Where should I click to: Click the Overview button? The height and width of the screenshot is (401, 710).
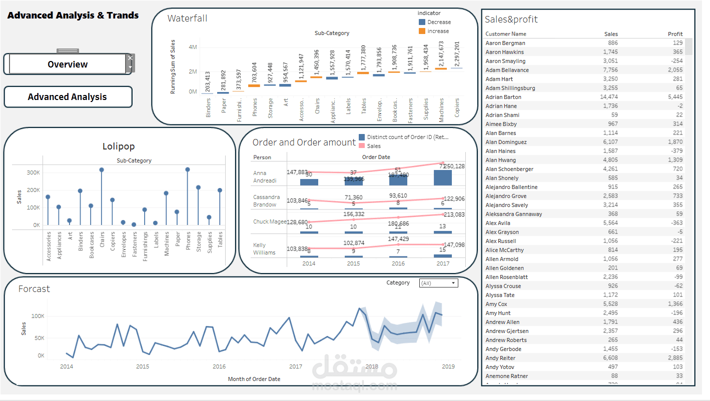(68, 64)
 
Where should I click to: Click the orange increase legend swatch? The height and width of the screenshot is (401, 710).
(422, 31)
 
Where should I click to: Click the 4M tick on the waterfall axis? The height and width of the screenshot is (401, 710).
(192, 47)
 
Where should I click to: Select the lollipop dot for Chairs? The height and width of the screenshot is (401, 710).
(102, 170)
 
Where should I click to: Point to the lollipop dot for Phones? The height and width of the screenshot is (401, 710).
(188, 169)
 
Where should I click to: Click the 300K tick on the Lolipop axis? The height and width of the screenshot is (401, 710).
(33, 172)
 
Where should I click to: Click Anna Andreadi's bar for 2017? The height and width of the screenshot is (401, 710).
(443, 178)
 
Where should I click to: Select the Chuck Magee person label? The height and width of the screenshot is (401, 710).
(269, 221)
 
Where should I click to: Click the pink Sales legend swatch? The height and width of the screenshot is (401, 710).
(362, 146)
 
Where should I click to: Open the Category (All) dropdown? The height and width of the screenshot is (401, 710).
(439, 283)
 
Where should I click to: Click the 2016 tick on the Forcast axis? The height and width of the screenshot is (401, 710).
(219, 366)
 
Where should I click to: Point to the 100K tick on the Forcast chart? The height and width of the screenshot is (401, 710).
(38, 316)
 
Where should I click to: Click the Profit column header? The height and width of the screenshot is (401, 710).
(675, 34)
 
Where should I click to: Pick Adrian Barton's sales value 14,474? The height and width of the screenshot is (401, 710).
(609, 97)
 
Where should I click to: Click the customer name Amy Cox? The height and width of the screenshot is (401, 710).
(496, 304)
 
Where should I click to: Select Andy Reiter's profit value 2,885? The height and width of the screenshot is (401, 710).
(674, 358)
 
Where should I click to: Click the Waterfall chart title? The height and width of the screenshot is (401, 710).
(187, 18)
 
